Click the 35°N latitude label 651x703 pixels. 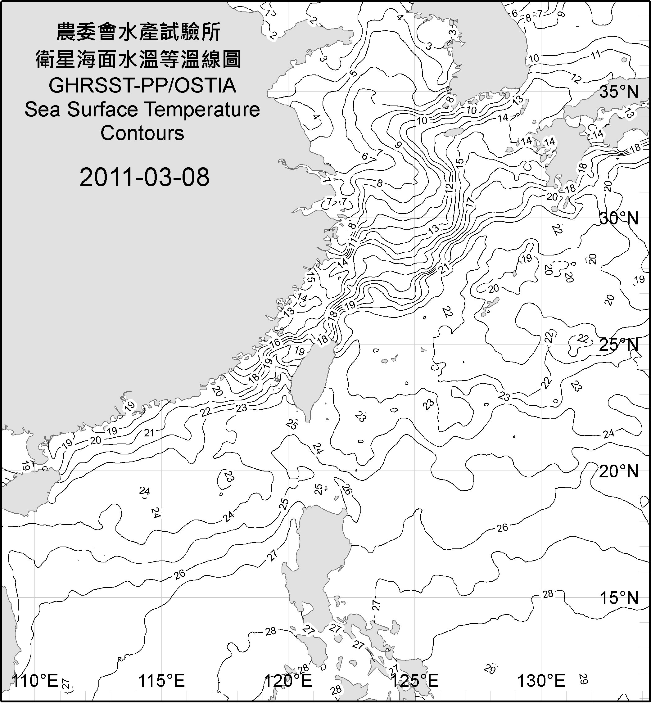[619, 92]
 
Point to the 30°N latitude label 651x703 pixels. [619, 219]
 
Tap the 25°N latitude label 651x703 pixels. [619, 345]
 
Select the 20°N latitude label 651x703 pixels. [619, 471]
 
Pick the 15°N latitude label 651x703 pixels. [619, 598]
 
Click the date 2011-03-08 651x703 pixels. [144, 177]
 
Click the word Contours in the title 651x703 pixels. [142, 133]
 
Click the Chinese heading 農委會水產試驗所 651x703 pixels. [139, 32]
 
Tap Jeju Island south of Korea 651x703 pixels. [453, 133]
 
